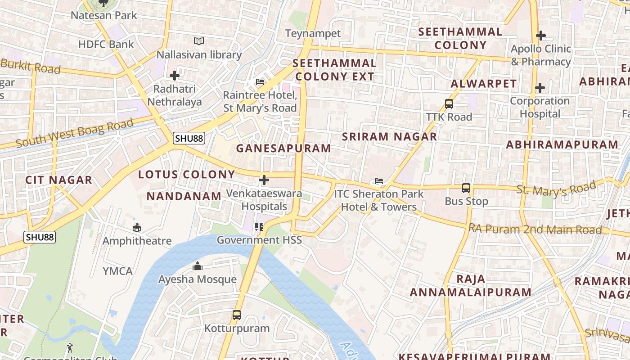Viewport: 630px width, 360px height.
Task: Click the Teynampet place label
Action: [313, 33]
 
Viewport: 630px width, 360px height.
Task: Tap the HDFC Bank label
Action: [106, 44]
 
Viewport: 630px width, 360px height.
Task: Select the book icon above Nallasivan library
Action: [199, 41]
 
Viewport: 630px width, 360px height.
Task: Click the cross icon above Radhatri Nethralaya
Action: [175, 76]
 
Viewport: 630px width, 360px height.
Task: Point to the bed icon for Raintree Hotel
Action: [260, 82]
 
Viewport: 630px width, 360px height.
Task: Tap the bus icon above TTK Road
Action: [449, 104]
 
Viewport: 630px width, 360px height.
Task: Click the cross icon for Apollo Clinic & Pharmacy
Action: [540, 35]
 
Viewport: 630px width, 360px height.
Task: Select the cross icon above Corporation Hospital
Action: [540, 88]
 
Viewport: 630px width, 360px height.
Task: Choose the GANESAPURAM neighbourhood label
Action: [283, 148]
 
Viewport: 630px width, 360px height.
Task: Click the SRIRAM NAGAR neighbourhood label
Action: [389, 136]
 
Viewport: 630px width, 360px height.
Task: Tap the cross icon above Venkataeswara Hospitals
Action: [264, 180]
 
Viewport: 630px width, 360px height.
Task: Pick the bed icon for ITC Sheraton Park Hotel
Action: [379, 181]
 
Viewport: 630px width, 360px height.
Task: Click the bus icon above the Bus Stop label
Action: [466, 188]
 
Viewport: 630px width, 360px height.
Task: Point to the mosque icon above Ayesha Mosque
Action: [197, 266]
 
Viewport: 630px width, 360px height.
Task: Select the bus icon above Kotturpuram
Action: [237, 315]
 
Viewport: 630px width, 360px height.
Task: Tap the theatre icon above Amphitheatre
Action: [137, 228]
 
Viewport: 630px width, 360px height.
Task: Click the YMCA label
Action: [117, 271]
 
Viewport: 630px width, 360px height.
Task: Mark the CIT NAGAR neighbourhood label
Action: [58, 180]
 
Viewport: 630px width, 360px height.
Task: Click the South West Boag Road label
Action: [75, 133]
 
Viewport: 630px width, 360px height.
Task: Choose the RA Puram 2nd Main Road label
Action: [535, 229]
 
